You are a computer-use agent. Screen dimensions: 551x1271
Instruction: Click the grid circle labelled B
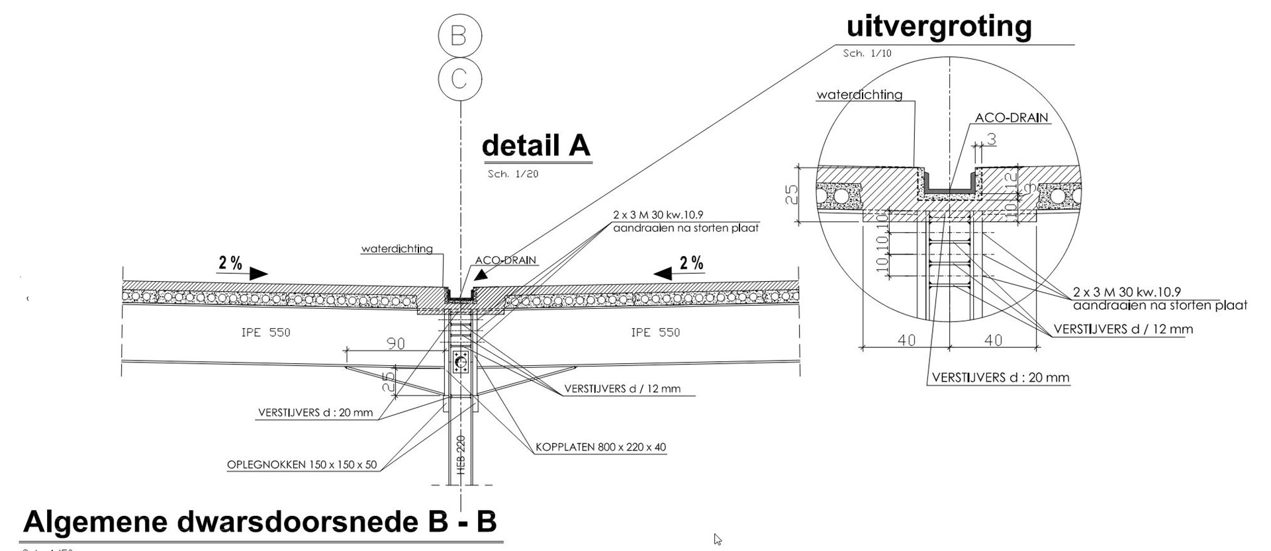(x=459, y=35)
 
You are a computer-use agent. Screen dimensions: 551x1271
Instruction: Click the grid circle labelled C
(x=459, y=79)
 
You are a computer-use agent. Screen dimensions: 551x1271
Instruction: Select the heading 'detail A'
(x=536, y=146)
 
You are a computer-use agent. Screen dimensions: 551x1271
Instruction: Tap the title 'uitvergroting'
(x=939, y=26)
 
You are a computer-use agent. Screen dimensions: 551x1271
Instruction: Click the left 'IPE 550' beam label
(x=265, y=332)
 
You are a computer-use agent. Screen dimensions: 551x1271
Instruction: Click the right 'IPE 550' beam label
(x=655, y=332)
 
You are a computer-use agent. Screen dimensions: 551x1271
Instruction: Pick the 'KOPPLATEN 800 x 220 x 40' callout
(x=601, y=447)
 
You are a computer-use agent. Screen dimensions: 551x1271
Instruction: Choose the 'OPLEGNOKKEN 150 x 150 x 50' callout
(x=302, y=464)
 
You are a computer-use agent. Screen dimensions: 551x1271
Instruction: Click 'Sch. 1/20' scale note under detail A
(x=513, y=174)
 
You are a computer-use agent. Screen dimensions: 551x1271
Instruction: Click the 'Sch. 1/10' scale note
(x=867, y=53)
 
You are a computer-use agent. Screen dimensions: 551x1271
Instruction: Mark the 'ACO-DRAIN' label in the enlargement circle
(x=1012, y=118)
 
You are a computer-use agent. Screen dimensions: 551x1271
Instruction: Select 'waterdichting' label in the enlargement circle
(x=859, y=95)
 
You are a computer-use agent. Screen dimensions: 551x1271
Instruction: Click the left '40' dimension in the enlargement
(x=906, y=340)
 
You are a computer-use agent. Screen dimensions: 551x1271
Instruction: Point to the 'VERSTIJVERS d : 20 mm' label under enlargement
(x=1000, y=378)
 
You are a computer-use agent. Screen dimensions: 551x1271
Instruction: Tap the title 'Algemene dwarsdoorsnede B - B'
(x=259, y=522)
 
